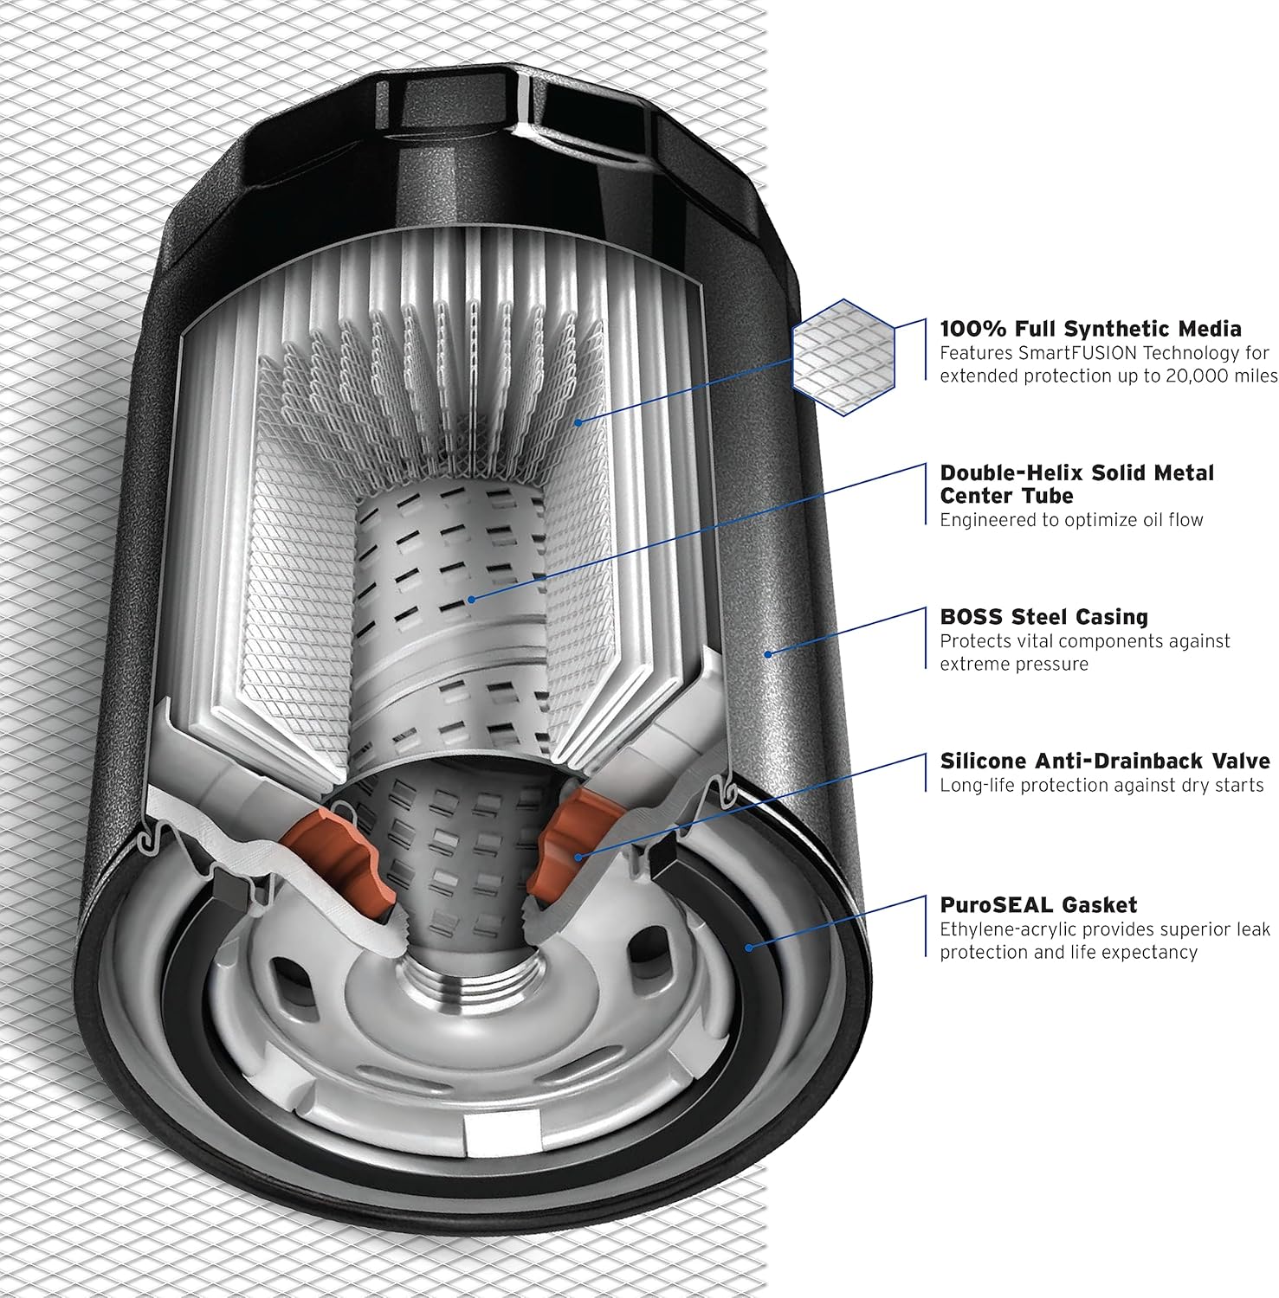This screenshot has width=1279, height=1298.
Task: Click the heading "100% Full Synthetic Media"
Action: (1090, 329)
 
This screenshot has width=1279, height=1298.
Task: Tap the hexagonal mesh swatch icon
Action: (844, 357)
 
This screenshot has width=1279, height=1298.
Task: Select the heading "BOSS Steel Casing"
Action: (1043, 617)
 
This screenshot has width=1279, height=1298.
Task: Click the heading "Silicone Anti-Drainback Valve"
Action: (1105, 761)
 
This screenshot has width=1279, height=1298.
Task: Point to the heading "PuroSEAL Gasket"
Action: (1038, 905)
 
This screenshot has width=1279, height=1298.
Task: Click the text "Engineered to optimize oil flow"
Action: (1071, 520)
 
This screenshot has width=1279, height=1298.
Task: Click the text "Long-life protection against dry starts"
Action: (1101, 785)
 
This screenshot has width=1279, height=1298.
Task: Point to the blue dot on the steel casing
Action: (767, 654)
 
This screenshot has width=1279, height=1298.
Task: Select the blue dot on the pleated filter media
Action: (579, 422)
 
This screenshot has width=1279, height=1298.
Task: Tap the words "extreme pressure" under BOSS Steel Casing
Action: (1014, 665)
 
